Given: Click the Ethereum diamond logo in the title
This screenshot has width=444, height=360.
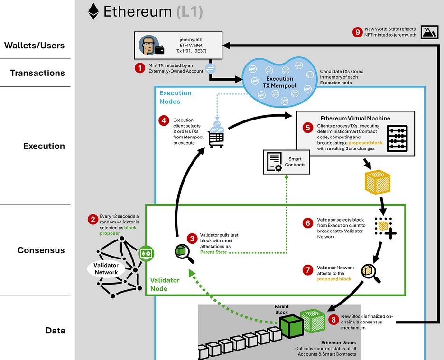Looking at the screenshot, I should [x=93, y=11].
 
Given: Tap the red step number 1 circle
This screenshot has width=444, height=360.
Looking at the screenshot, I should [x=139, y=68].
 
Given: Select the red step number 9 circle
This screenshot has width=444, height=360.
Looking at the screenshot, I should [x=358, y=32].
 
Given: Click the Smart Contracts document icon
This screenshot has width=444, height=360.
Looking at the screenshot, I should [x=274, y=162].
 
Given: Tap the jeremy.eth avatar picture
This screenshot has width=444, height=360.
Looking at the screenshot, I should [x=148, y=45].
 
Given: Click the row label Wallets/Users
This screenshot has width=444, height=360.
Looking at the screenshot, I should [x=34, y=46].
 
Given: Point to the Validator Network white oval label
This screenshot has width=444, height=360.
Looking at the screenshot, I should [x=106, y=269].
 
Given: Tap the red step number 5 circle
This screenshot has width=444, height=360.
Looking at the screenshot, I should [x=307, y=127].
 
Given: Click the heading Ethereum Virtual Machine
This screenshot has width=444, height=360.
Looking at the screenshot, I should [x=355, y=118].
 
